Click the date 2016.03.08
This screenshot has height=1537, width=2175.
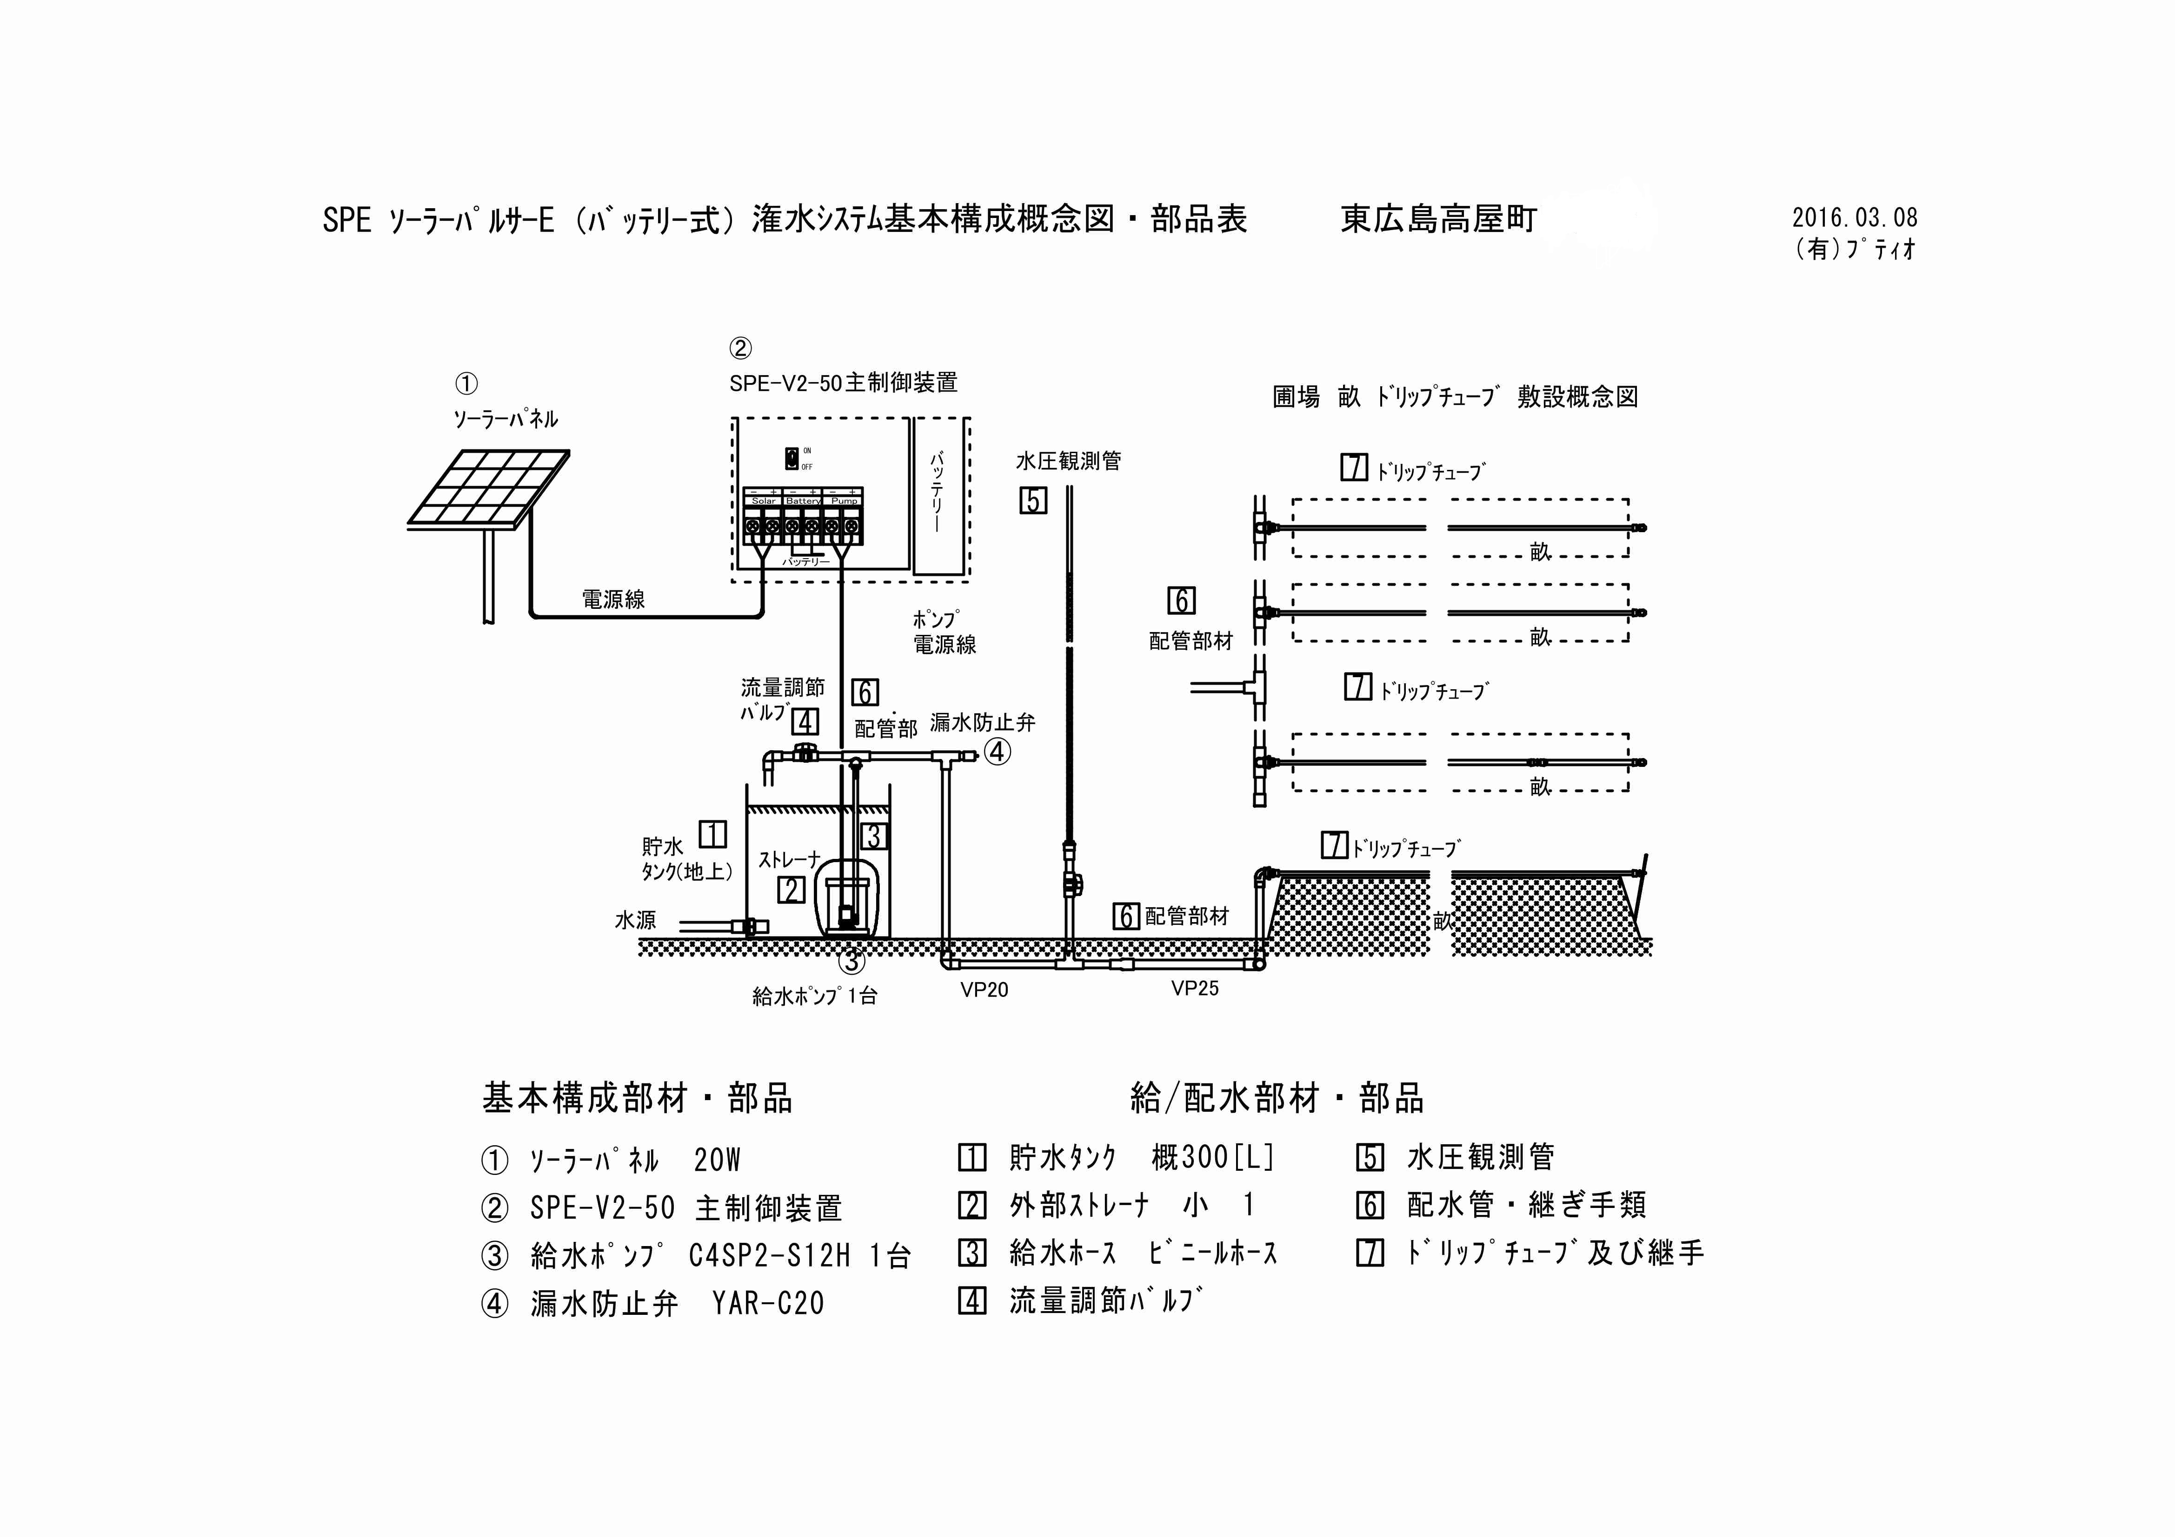[1854, 218]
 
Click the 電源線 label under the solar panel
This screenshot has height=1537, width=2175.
[613, 600]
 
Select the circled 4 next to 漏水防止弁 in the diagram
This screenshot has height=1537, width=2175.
[998, 752]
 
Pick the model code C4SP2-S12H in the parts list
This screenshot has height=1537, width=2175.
[769, 1256]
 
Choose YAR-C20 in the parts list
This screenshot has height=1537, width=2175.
[768, 1304]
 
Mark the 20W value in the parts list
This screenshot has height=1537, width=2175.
[717, 1160]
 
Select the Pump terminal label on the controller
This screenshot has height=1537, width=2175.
[844, 500]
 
